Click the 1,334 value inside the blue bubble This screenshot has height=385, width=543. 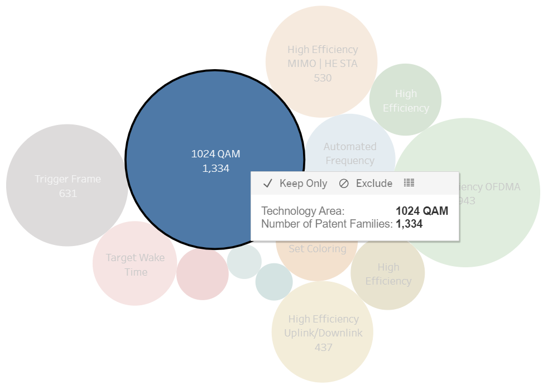[215, 168]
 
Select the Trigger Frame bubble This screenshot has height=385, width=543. [68, 179]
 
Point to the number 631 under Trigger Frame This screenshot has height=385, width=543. [68, 194]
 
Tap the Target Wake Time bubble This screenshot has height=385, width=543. [135, 264]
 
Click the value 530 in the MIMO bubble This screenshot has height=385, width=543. [323, 78]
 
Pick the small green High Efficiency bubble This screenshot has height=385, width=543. [406, 100]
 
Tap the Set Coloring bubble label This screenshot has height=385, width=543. [317, 249]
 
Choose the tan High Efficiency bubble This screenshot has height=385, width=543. [388, 274]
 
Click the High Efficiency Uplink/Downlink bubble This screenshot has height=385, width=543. [323, 326]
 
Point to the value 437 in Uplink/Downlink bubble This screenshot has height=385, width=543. [323, 347]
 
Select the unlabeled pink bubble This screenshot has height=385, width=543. [202, 274]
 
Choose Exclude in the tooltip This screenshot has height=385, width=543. [366, 183]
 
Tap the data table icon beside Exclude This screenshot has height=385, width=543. [410, 182]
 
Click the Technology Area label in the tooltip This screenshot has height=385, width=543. [303, 211]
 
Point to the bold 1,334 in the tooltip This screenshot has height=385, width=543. [409, 224]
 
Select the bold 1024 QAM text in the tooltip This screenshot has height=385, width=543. [421, 211]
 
